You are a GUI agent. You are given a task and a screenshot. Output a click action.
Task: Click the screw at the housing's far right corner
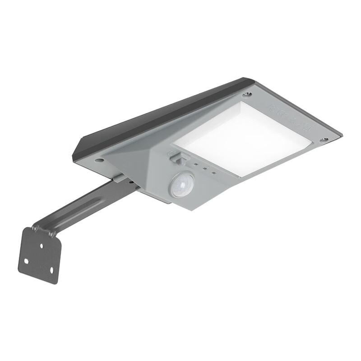pos(324,140)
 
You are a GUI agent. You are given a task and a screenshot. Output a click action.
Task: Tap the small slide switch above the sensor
pos(176,157)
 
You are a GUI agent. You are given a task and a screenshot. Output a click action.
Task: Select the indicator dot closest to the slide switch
pos(195,165)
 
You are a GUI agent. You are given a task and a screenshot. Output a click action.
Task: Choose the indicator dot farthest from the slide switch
pos(213,172)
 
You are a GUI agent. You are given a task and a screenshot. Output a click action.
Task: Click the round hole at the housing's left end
pos(99,160)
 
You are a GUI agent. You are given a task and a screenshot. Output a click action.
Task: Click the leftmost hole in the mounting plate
pos(26,261)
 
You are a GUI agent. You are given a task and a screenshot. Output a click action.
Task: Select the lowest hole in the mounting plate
pos(51,270)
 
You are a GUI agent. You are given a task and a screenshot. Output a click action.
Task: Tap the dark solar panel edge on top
pos(158,115)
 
